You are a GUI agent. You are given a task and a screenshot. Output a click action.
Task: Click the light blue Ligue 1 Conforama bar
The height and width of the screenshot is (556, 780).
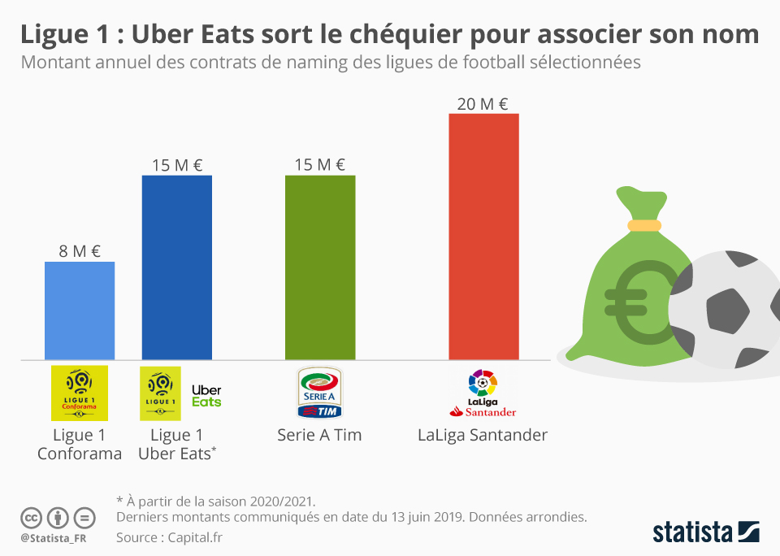(80, 311)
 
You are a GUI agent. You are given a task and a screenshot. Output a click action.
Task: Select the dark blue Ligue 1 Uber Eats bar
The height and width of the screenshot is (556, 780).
(177, 267)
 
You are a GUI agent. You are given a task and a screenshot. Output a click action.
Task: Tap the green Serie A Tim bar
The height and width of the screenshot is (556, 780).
(320, 267)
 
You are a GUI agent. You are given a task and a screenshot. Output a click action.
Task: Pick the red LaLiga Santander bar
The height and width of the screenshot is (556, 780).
(483, 237)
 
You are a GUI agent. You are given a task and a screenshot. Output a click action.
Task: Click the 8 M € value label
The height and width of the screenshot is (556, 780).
(80, 251)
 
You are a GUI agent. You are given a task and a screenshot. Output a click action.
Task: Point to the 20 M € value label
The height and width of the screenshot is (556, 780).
(483, 103)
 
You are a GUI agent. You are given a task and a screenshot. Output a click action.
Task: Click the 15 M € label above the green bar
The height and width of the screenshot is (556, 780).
(320, 165)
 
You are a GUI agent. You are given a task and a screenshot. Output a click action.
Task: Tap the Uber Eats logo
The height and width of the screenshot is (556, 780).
(206, 396)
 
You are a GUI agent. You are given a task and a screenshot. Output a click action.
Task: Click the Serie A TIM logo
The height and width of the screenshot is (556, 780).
(320, 393)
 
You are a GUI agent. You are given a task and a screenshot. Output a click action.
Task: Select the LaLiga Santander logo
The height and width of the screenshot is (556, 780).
(483, 393)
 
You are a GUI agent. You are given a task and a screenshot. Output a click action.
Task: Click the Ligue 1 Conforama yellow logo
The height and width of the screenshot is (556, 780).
(80, 393)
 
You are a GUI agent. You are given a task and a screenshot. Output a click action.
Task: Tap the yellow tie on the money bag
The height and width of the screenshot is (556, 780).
(643, 224)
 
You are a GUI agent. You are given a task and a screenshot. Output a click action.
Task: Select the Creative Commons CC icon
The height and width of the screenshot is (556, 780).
(31, 517)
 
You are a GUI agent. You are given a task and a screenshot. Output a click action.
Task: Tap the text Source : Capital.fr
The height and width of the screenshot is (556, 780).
(169, 536)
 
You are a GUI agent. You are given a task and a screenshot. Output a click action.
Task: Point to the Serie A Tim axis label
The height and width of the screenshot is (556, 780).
(319, 435)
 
